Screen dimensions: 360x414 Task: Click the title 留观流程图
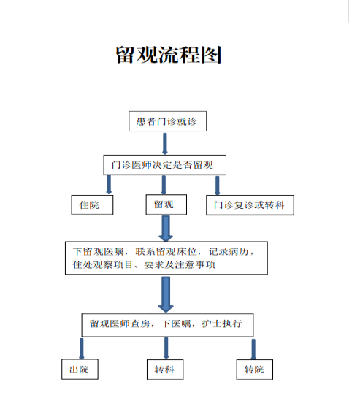pos(168,55)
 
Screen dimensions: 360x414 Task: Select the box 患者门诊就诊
pos(167,121)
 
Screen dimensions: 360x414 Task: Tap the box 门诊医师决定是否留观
pos(164,165)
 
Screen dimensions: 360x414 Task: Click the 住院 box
pos(92,205)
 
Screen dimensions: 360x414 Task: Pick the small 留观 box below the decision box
pos(166,204)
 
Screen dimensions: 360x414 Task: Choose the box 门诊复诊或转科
pos(250,205)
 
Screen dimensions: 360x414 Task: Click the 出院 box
pos(80,369)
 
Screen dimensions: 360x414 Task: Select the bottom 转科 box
pos(165,369)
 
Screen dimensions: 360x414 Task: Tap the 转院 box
pos(255,369)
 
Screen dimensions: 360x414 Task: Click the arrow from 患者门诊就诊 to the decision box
pos(165,143)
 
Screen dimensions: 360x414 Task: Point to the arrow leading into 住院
pos(109,185)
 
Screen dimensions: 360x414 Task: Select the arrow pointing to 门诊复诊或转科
pos(217,185)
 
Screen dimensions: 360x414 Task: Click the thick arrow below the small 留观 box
pos(166,229)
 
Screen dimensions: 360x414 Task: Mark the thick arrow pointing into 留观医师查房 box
pos(166,295)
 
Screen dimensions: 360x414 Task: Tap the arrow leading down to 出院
pos(81,348)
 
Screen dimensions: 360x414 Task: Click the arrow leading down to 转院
pos(253,349)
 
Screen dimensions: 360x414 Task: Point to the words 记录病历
pos(229,252)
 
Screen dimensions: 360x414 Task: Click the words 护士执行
pos(222,323)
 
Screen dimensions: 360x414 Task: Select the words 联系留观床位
pos(166,252)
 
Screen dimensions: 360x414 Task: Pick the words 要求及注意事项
pos(180,264)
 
